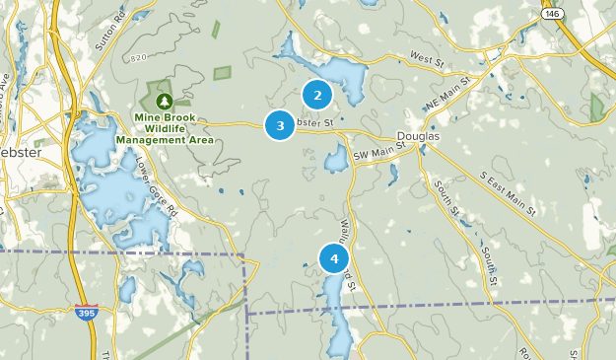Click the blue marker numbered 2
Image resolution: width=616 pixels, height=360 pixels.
317,95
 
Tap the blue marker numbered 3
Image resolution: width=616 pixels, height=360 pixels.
281,125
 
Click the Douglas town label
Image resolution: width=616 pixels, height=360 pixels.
417,136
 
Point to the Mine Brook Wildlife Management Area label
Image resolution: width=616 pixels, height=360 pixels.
165,128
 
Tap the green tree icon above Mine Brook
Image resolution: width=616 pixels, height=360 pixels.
164,101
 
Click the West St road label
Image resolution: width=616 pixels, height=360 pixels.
428,59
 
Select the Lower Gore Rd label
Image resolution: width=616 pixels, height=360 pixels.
156,189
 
